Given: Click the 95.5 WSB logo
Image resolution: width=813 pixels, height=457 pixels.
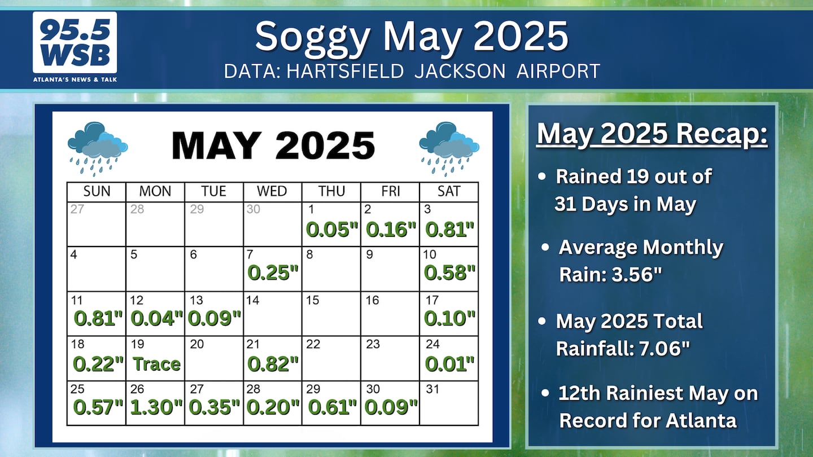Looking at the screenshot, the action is click(75, 47).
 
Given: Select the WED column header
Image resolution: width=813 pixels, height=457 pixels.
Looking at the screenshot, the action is click(272, 191).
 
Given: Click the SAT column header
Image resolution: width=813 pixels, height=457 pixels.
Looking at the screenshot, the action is click(449, 191).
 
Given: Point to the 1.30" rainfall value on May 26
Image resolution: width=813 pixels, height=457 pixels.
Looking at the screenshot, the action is click(156, 407).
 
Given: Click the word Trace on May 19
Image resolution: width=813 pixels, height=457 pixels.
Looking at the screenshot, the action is click(156, 364).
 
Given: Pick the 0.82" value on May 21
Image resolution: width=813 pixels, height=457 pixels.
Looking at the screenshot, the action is click(273, 364).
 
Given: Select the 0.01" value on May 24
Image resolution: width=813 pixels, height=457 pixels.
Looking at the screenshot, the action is click(449, 364).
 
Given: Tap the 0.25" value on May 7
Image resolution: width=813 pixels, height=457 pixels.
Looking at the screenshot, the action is click(273, 273).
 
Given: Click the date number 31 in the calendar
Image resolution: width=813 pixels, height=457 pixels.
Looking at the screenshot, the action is click(432, 389).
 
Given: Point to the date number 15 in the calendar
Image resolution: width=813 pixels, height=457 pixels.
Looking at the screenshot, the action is click(312, 300).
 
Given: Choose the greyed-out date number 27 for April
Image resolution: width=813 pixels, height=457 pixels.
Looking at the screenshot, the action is click(77, 209).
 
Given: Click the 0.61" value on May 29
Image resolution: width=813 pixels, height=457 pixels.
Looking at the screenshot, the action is click(332, 407).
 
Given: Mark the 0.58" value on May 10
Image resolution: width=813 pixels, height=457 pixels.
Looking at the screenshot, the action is click(449, 273).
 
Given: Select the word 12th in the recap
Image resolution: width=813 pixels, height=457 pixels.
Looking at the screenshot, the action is click(579, 393).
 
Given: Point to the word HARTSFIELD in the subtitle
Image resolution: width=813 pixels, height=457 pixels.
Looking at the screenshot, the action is click(345, 71).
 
